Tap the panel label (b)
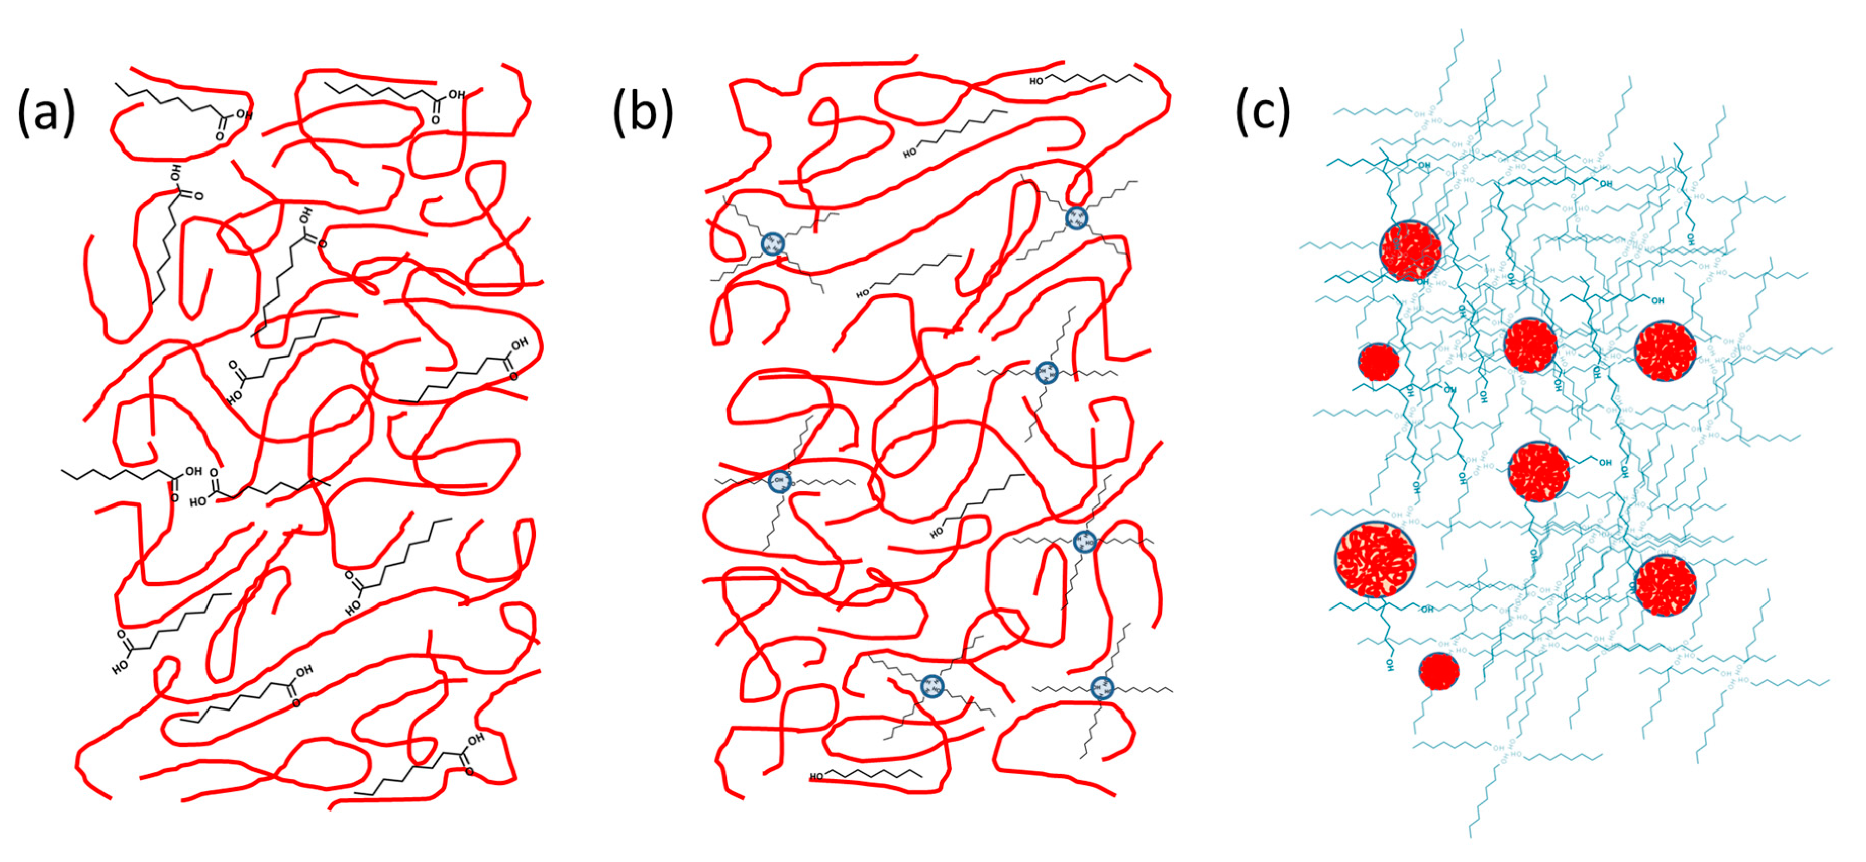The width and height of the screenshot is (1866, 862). [643, 113]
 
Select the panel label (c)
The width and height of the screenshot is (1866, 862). [1263, 113]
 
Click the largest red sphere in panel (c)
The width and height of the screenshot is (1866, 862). [1375, 559]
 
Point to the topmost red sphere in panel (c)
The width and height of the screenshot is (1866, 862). [1410, 250]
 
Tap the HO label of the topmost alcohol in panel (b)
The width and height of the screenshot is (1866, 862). [1036, 81]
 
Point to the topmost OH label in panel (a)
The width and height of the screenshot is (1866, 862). [456, 94]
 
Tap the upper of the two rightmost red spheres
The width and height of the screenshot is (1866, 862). [1666, 350]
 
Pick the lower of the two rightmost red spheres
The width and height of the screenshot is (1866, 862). [1666, 585]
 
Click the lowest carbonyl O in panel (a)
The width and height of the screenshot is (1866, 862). [470, 772]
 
